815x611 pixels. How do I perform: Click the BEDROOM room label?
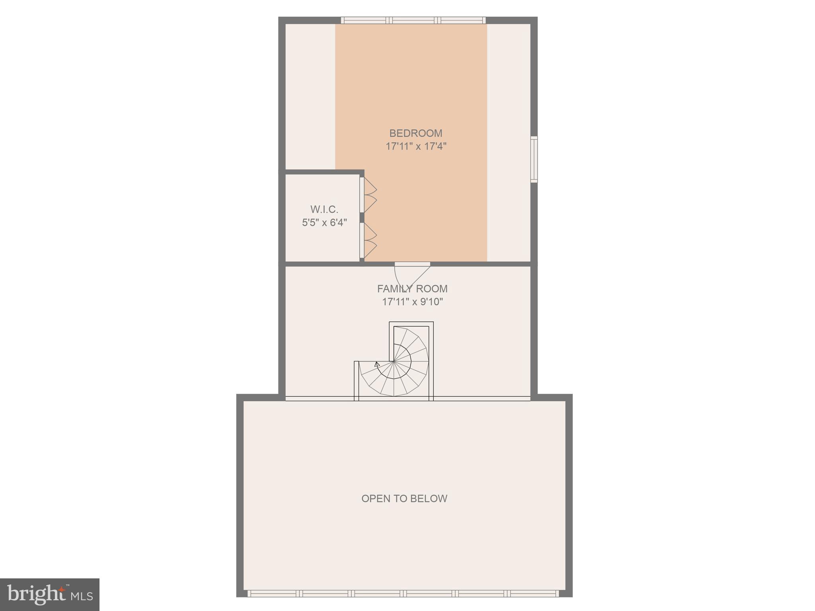[x=415, y=133]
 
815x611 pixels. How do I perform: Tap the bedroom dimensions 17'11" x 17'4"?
[x=416, y=146]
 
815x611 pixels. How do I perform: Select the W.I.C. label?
[x=324, y=209]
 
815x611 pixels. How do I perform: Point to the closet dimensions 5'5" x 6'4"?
[x=324, y=222]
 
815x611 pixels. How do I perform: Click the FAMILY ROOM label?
[x=412, y=289]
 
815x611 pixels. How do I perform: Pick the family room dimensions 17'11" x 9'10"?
[x=412, y=302]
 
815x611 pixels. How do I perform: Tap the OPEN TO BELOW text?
[x=404, y=498]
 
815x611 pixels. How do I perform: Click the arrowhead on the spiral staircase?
[x=377, y=363]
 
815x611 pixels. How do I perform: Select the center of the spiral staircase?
[x=394, y=362]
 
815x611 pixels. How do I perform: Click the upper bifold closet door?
[x=368, y=195]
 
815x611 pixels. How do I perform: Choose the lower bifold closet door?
[x=368, y=240]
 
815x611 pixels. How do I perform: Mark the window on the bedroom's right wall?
[x=534, y=160]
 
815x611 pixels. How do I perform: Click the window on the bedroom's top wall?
[x=413, y=20]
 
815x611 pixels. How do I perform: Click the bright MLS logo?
[x=50, y=595]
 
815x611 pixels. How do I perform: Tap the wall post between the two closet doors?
[x=362, y=218]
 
